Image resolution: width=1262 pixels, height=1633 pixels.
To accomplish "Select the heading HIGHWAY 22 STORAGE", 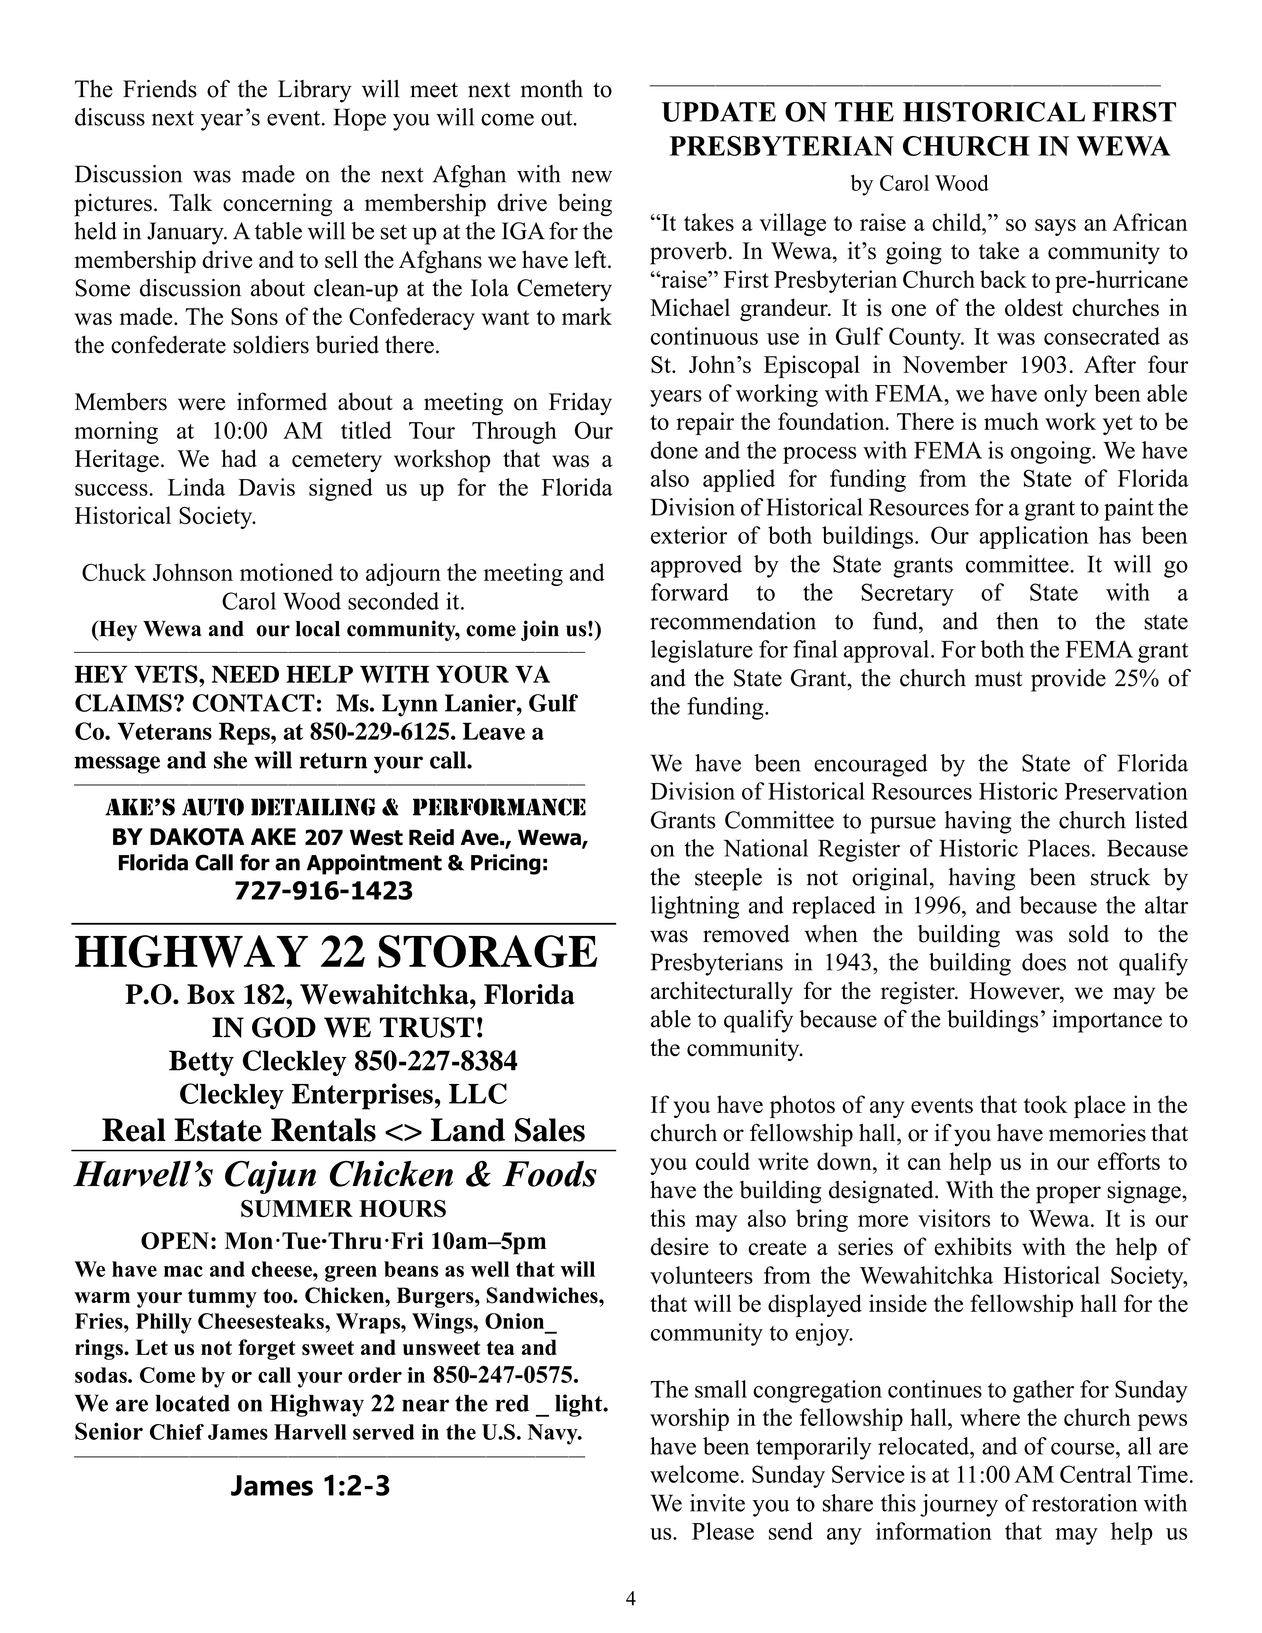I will click(337, 952).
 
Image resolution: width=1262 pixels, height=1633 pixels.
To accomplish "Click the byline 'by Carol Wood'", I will click(919, 184).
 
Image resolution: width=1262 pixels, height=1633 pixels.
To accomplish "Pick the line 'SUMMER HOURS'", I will click(343, 1209).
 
